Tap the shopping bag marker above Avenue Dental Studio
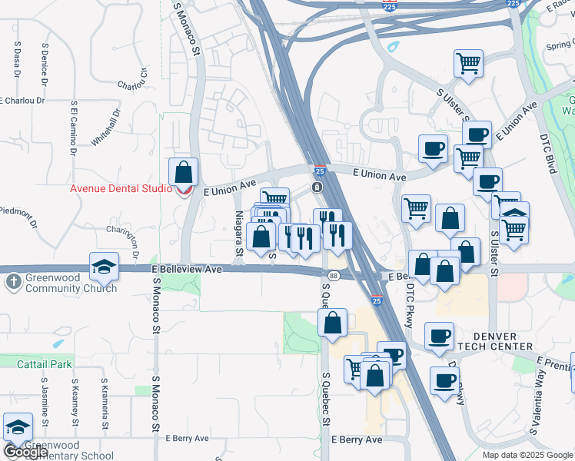pos(183,172)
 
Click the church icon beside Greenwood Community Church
pos(13,282)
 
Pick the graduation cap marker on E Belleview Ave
pos(105,267)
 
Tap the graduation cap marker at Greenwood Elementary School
pos(18,428)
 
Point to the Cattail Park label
pos(45,361)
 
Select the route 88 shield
pos(333,276)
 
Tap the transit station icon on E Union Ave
pos(317,188)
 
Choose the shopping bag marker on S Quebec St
pos(332,323)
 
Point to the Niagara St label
pos(239,234)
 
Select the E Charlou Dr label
pos(23,100)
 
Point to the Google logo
pos(25,452)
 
